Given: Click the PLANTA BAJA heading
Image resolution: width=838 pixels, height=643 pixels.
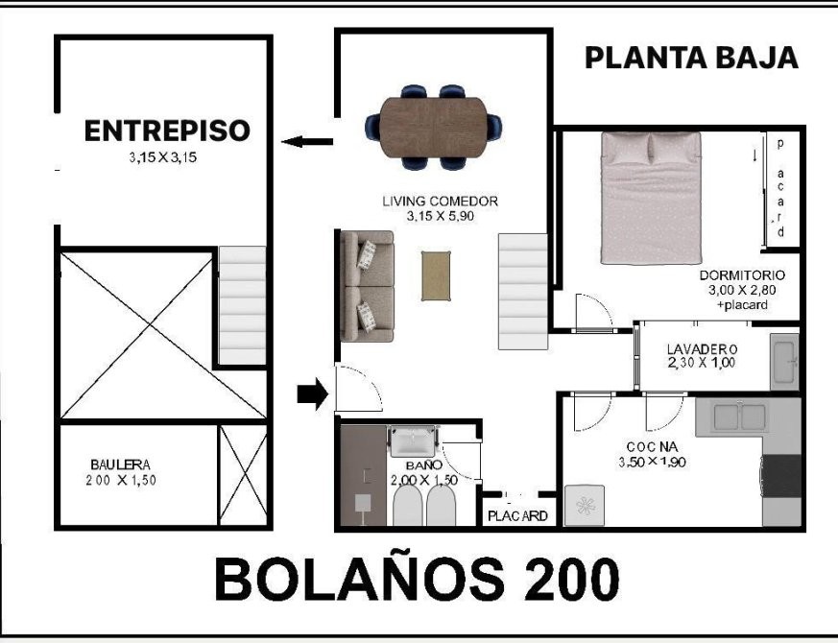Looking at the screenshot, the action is [691, 58].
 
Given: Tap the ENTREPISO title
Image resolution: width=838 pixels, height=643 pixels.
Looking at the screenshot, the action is [167, 131].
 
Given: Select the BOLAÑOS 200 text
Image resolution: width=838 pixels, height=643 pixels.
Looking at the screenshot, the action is [417, 580].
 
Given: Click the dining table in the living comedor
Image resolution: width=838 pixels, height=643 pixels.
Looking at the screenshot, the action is [434, 128].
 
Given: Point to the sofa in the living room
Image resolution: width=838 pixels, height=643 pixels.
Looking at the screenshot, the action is [367, 286].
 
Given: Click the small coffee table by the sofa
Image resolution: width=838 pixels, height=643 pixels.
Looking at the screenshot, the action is [436, 275].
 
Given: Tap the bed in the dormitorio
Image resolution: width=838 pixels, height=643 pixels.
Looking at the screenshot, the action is [651, 198].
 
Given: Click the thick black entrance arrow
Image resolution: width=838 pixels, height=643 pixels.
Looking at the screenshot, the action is [313, 394].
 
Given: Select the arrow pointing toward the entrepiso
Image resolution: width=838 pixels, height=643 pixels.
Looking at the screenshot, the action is [307, 142].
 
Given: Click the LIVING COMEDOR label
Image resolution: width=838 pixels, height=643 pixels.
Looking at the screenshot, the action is [440, 202].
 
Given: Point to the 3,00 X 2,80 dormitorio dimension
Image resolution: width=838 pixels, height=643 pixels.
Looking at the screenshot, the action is [742, 290].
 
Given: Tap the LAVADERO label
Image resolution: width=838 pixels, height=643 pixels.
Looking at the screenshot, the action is [703, 349].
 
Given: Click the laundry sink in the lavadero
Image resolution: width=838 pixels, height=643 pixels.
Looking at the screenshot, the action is [784, 362].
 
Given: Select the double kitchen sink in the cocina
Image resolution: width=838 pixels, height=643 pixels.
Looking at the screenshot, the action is [740, 417].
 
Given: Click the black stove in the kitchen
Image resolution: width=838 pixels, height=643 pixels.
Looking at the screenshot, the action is [781, 476].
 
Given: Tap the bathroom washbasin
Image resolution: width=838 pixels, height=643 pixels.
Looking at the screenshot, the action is [413, 441].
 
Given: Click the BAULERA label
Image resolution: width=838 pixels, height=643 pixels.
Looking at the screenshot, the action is [120, 464].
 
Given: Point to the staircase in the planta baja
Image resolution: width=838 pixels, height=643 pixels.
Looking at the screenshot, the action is [523, 292].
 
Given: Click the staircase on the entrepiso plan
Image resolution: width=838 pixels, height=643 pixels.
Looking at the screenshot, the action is [242, 305].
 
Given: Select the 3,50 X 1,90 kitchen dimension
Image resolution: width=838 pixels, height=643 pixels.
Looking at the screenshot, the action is [652, 462].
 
